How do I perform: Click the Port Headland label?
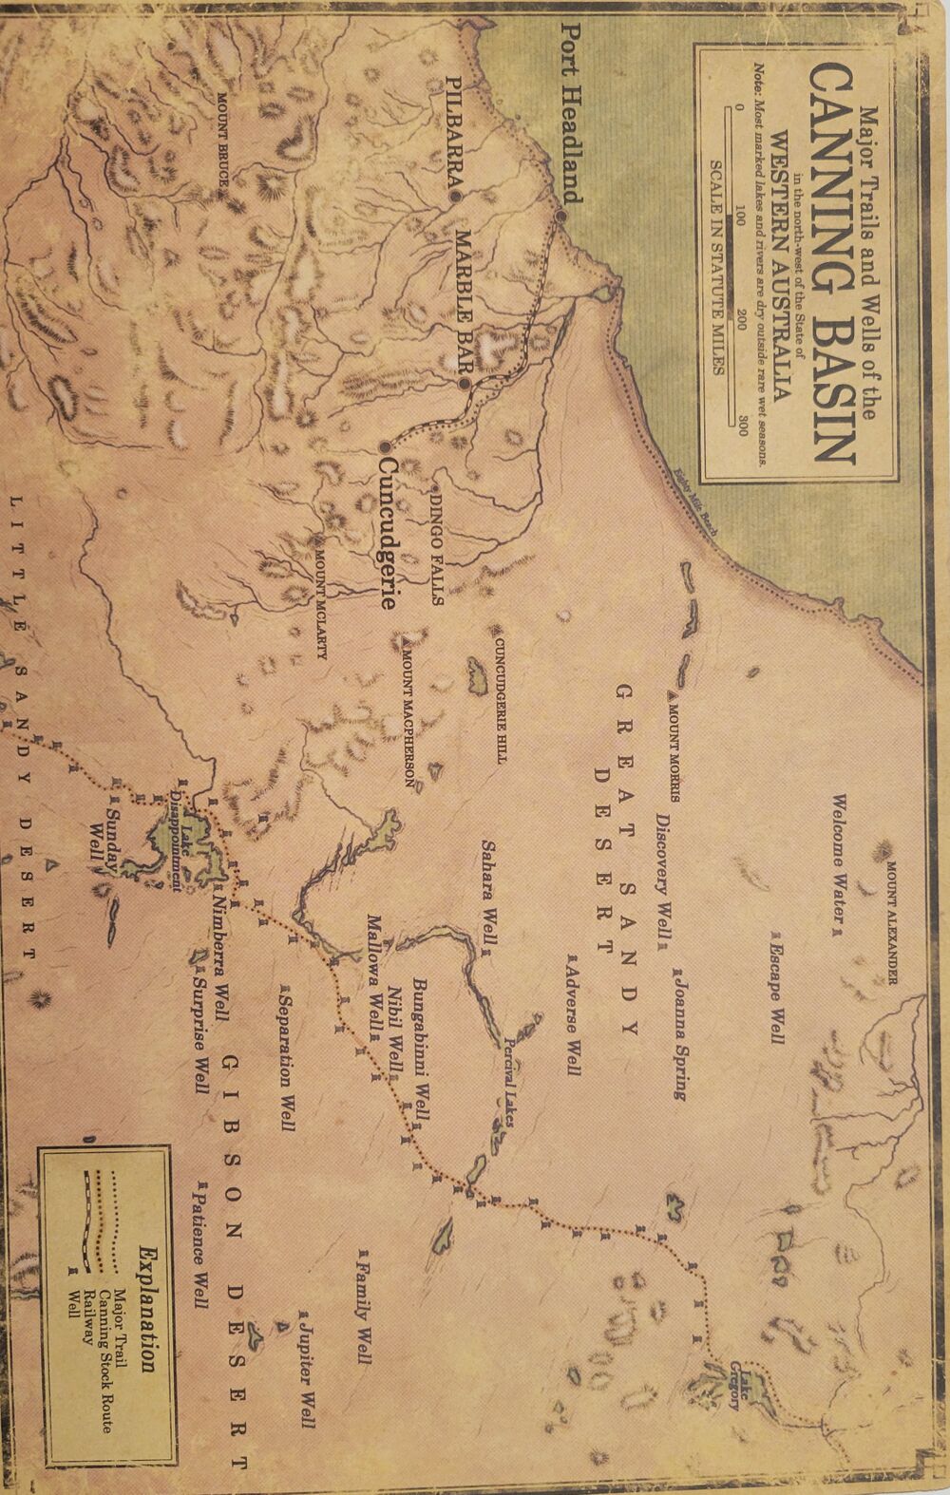[x=570, y=113]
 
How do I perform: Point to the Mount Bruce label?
[x=224, y=142]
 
